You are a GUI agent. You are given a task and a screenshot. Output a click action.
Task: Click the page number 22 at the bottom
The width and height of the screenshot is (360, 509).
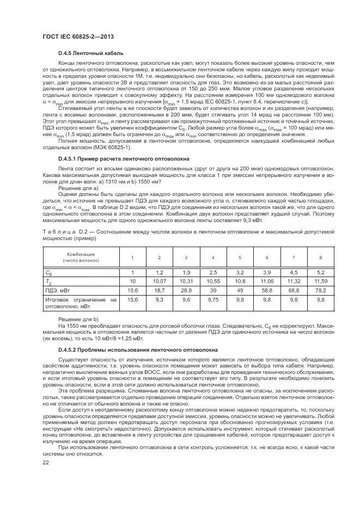click(45, 463)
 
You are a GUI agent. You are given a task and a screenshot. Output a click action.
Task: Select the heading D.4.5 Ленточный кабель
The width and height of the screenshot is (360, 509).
click(91, 53)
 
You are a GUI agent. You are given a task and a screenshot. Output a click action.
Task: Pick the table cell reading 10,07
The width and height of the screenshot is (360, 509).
click(159, 281)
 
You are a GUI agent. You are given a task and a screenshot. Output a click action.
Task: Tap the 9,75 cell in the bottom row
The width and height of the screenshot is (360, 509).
click(213, 299)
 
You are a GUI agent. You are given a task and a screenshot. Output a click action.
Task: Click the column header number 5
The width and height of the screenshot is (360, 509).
click(240, 257)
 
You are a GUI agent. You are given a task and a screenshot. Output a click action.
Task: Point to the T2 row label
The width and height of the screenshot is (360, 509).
click(48, 281)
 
